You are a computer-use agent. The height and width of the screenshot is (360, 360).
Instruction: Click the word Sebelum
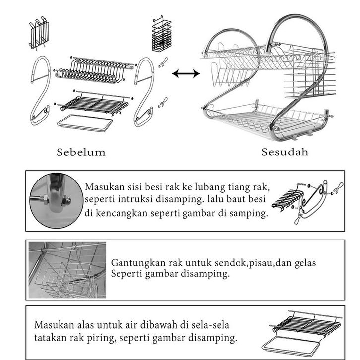81,152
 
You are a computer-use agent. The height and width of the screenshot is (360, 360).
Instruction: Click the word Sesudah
285,152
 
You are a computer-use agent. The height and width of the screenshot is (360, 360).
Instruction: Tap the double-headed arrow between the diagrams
186,74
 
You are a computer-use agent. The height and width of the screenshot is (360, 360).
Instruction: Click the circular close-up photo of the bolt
55,200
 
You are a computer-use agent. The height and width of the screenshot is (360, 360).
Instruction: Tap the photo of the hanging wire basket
67,270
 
